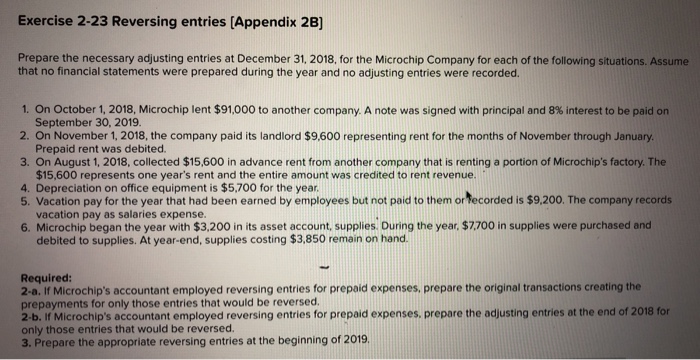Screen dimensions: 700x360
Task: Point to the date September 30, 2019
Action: click(x=79, y=120)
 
